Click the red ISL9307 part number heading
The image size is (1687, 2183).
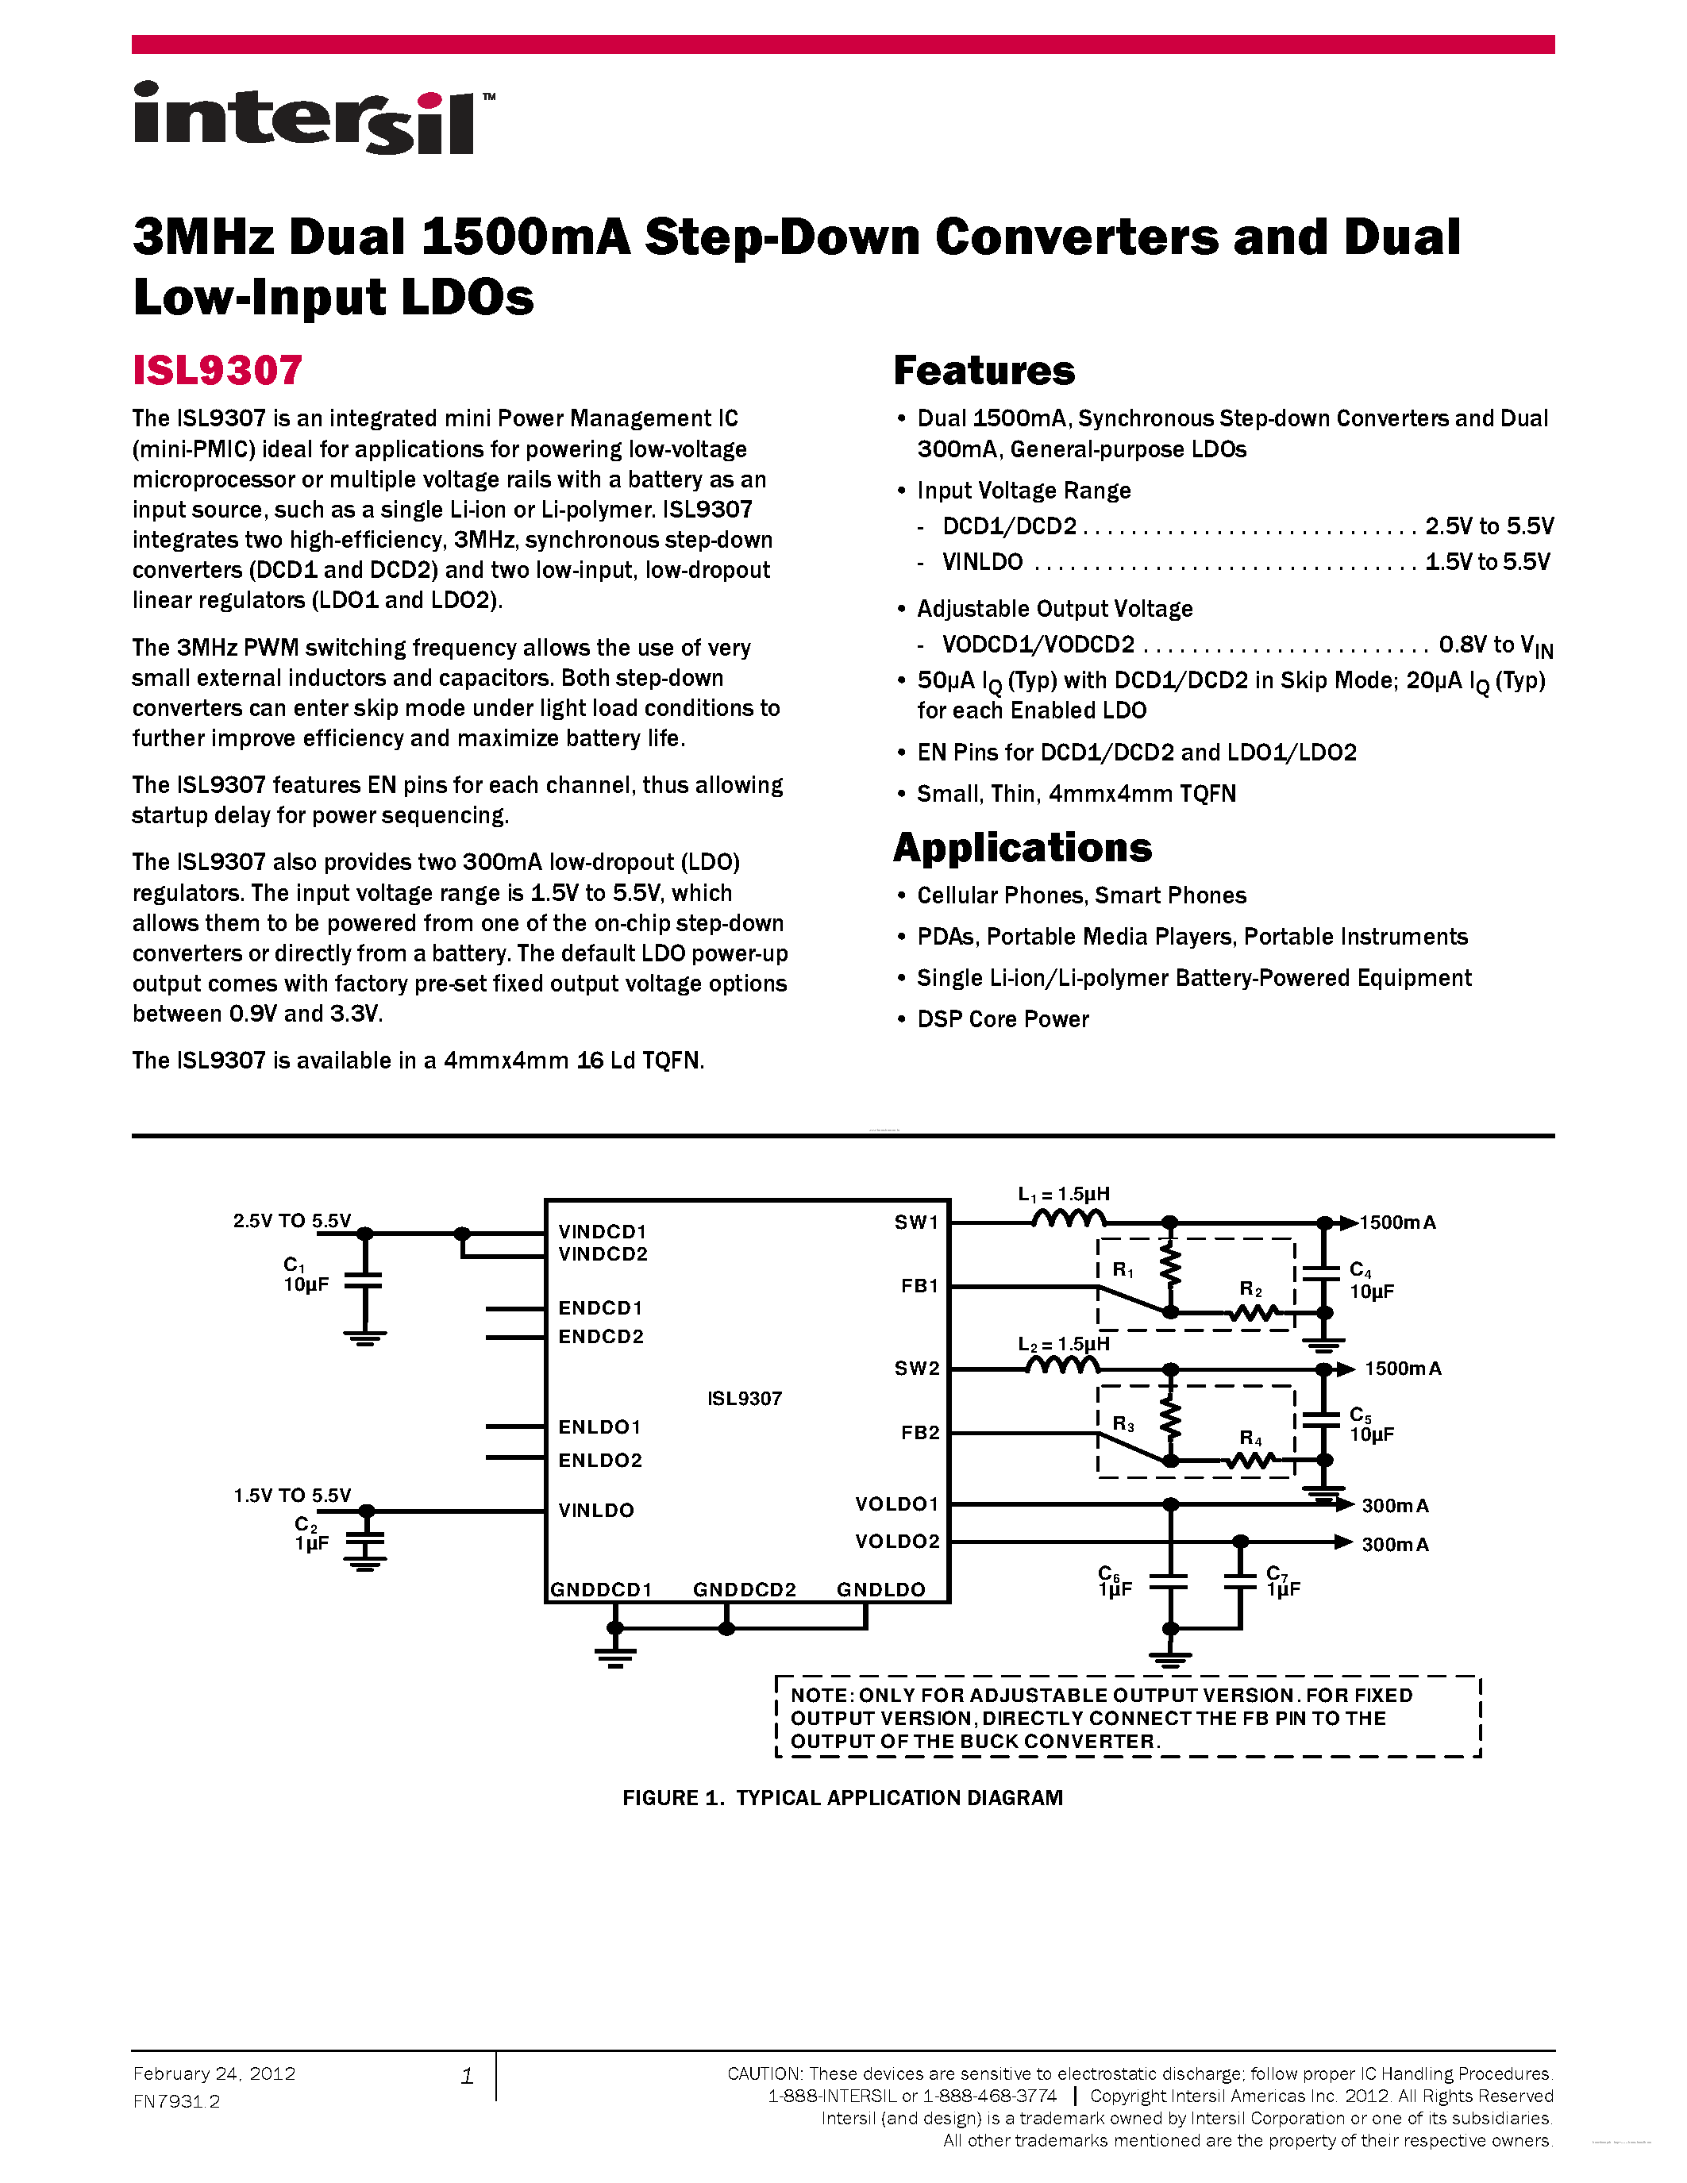[217, 371]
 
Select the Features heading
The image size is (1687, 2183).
[984, 371]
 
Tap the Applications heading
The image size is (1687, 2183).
[1022, 848]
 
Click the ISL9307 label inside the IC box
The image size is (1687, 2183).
[745, 1399]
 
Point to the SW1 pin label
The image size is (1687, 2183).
[916, 1222]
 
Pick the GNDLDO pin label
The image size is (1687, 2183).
[880, 1589]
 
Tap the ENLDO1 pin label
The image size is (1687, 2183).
[599, 1427]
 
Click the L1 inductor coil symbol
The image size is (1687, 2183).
[1069, 1219]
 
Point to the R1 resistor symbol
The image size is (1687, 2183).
[1170, 1268]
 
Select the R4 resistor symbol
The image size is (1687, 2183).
[1250, 1461]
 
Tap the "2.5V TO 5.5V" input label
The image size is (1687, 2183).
[292, 1220]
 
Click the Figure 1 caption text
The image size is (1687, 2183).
[842, 1798]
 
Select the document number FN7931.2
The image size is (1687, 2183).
[176, 2102]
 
